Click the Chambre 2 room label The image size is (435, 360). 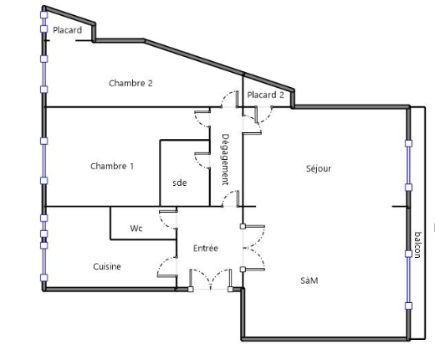click(x=130, y=83)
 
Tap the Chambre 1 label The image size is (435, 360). click(x=112, y=167)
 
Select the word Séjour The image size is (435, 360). click(x=319, y=168)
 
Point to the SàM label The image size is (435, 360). click(x=310, y=280)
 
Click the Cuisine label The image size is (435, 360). click(x=107, y=266)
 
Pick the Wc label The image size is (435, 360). click(x=136, y=229)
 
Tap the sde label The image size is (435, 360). click(x=180, y=183)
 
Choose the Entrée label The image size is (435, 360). click(x=206, y=248)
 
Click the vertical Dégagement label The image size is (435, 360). click(x=225, y=159)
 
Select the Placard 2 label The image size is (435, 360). click(x=265, y=95)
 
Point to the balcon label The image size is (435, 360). click(x=417, y=244)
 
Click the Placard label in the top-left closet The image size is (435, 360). click(x=67, y=30)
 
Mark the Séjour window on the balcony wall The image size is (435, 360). click(x=408, y=165)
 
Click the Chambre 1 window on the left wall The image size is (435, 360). click(x=44, y=161)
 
